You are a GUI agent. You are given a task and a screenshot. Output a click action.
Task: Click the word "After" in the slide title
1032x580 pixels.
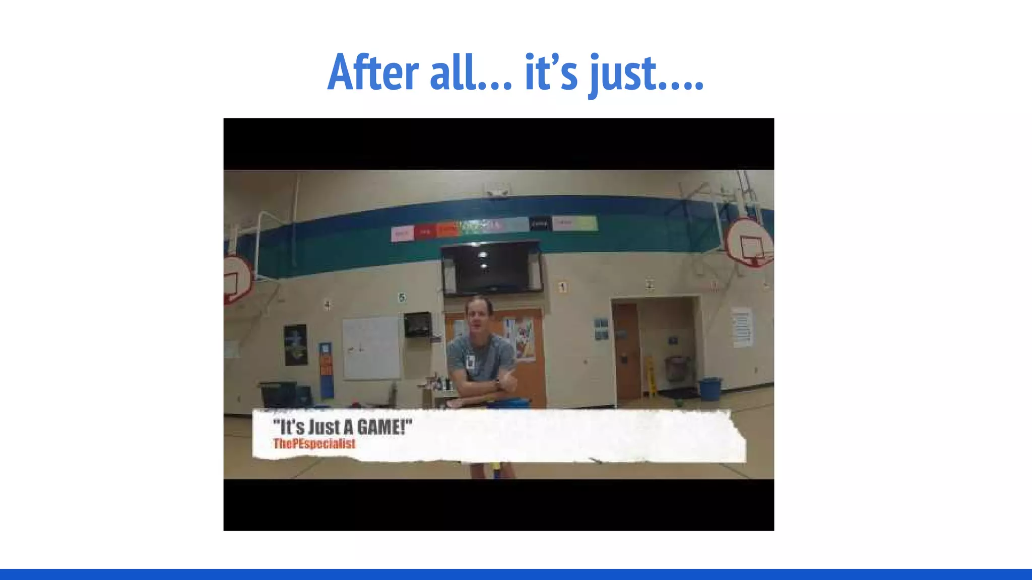373,73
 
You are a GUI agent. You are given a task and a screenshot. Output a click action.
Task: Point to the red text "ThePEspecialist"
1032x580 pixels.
314,444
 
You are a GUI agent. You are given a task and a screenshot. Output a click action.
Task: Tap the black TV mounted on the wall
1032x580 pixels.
492,268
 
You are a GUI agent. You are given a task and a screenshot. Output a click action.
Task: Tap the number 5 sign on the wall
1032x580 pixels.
402,298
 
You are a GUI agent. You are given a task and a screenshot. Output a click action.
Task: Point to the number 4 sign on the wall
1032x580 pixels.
328,305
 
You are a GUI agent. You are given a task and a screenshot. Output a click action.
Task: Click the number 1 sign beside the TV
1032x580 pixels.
562,287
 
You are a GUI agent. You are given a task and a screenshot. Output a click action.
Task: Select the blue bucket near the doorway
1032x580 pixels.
710,388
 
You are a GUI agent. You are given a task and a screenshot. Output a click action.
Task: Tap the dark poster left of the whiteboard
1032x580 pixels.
296,345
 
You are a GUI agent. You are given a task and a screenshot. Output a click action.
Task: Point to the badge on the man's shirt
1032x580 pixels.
471,361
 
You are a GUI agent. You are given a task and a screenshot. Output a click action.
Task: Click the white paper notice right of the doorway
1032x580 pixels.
742,327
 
